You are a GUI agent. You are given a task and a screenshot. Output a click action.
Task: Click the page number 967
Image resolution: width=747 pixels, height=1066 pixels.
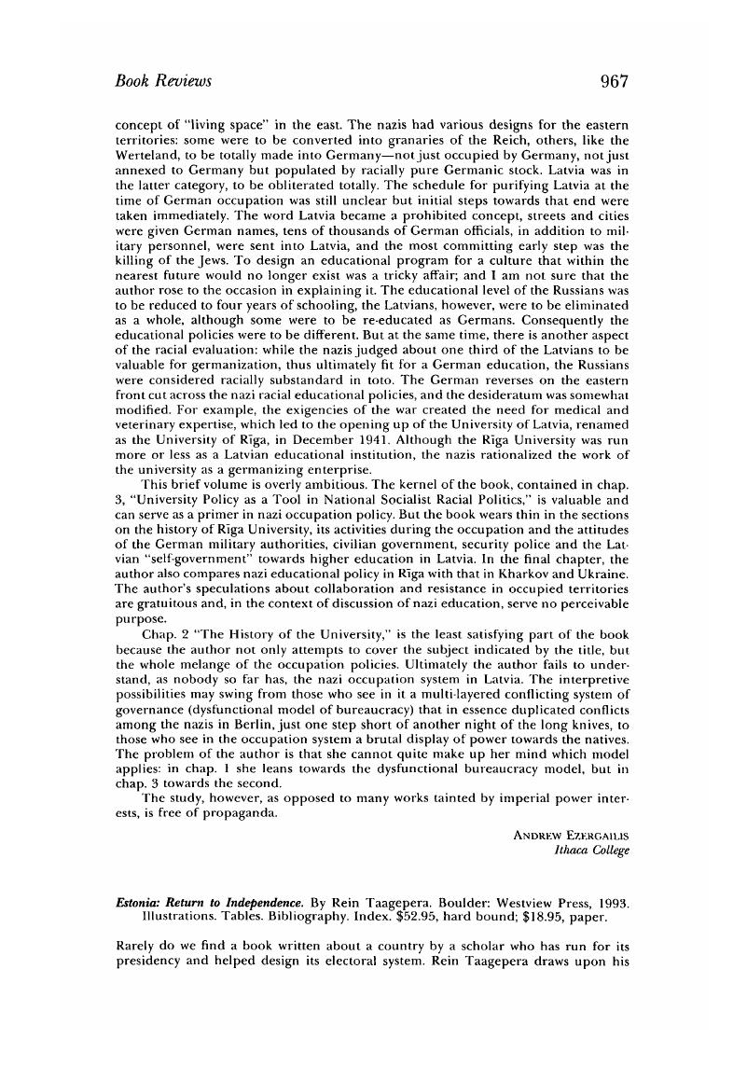coord(615,81)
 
